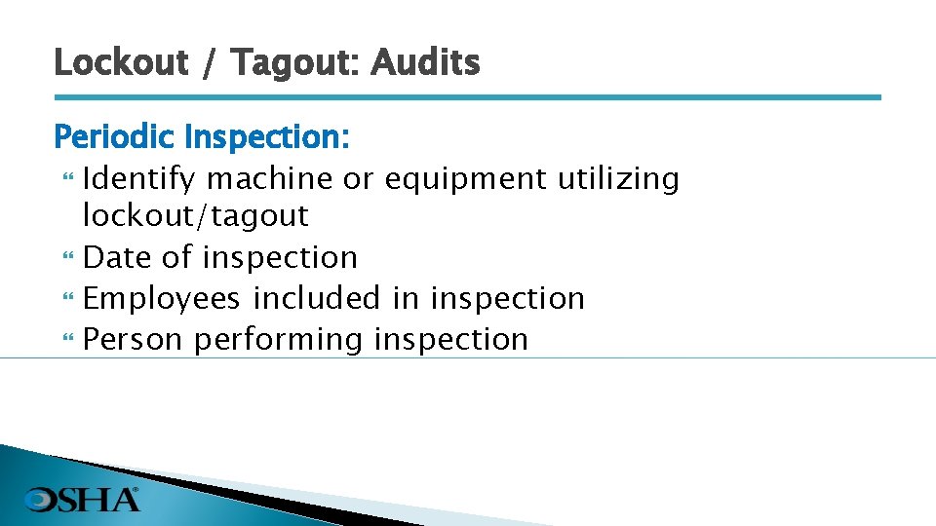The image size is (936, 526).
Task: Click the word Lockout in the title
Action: [120, 62]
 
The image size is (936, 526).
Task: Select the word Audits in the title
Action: [425, 62]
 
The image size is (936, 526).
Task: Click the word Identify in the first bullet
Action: [139, 179]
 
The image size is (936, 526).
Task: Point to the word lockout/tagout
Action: [195, 215]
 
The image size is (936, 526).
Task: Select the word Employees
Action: [161, 298]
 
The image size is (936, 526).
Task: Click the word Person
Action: [134, 339]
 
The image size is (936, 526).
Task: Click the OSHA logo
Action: [83, 499]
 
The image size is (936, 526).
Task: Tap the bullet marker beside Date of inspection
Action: [67, 258]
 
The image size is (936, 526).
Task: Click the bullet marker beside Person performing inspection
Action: [67, 340]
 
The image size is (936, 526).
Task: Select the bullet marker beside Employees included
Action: [67, 299]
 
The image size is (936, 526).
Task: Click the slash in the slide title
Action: [211, 64]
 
